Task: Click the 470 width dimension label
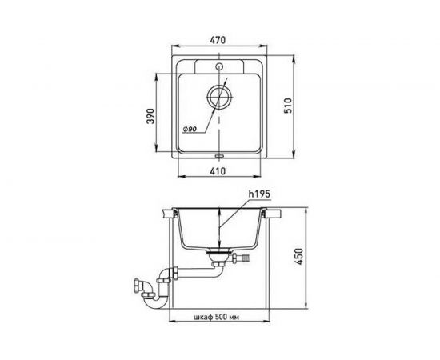click(x=218, y=40)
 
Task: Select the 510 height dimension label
click(x=288, y=106)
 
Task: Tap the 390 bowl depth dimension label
click(x=150, y=116)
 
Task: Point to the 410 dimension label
click(x=218, y=171)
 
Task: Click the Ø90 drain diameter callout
click(x=190, y=129)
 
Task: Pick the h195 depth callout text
click(x=259, y=194)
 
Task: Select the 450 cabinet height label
click(x=299, y=257)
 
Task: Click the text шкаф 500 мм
click(x=216, y=318)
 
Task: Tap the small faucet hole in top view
click(x=219, y=66)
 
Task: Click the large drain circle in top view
click(x=219, y=97)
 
